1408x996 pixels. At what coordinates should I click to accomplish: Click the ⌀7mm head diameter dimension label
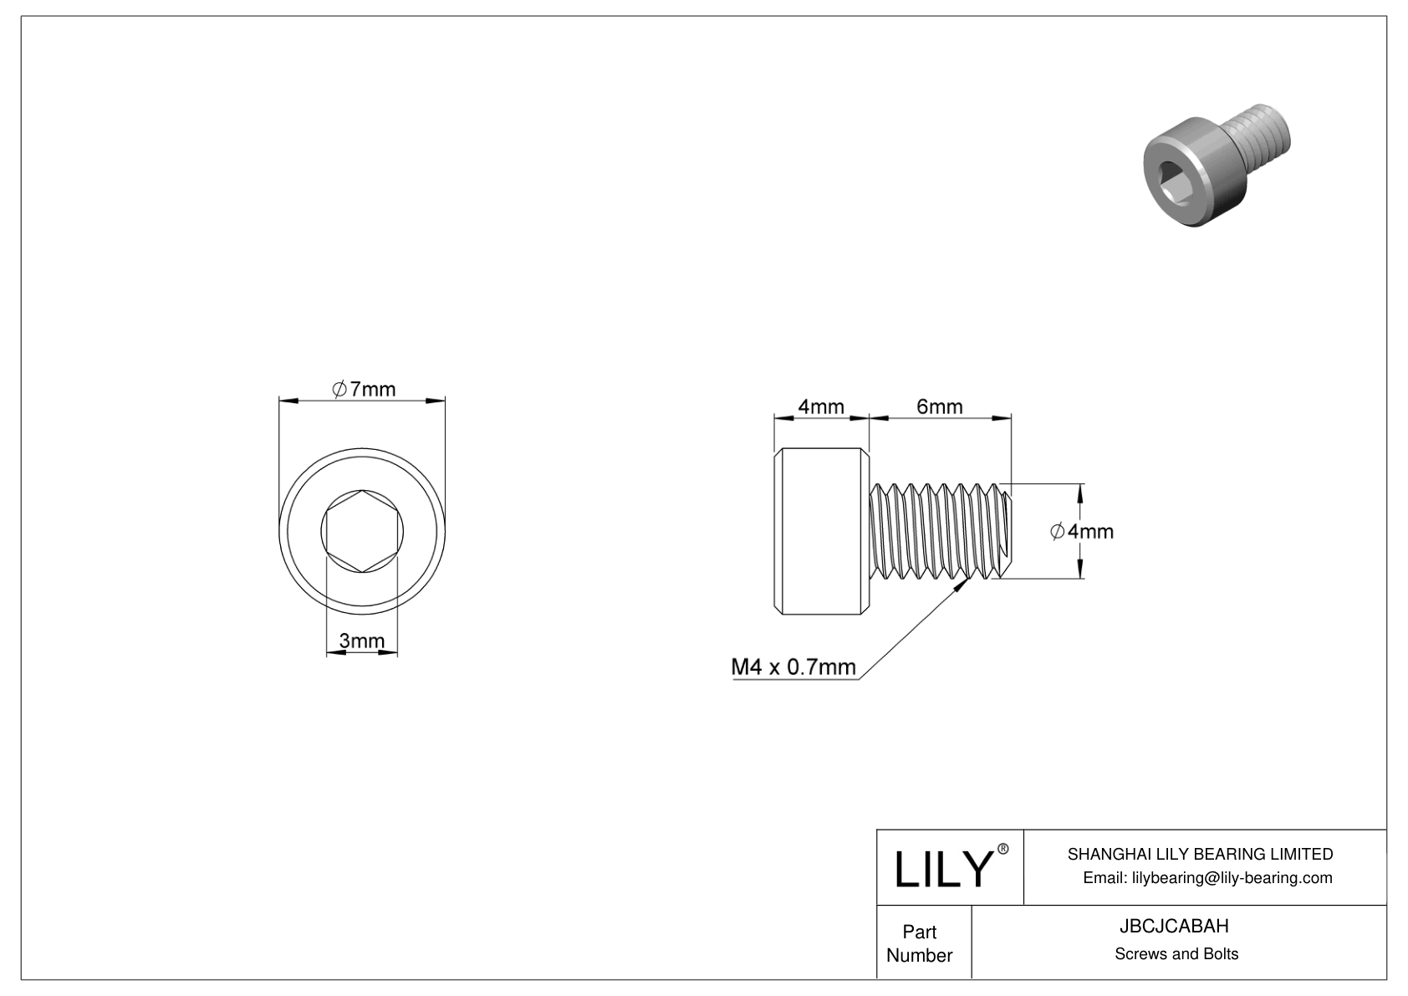pos(363,389)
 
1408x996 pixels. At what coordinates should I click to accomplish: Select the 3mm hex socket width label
pos(361,641)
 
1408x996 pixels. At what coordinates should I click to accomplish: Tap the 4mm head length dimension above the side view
pos(820,406)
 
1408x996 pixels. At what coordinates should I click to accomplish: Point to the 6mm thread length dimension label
pos(939,406)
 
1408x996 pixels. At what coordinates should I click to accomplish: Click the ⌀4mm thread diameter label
pos(1082,531)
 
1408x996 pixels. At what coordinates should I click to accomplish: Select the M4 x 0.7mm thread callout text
pos(793,667)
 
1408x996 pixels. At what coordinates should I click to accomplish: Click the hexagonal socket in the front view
pos(361,531)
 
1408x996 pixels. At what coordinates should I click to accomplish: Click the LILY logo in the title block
pos(942,869)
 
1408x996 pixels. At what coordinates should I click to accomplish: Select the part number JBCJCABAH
pos(1176,926)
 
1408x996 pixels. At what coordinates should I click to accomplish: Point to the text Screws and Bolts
pos(1176,954)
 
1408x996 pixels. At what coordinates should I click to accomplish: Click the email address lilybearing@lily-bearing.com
pos(1207,877)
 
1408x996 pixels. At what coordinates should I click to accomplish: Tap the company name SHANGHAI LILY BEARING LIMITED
pos(1200,854)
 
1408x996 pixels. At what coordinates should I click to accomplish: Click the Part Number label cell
pos(919,943)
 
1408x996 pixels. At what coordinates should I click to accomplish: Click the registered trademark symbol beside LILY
pos(1003,849)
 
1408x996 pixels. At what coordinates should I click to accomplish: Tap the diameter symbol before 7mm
pos(339,389)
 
